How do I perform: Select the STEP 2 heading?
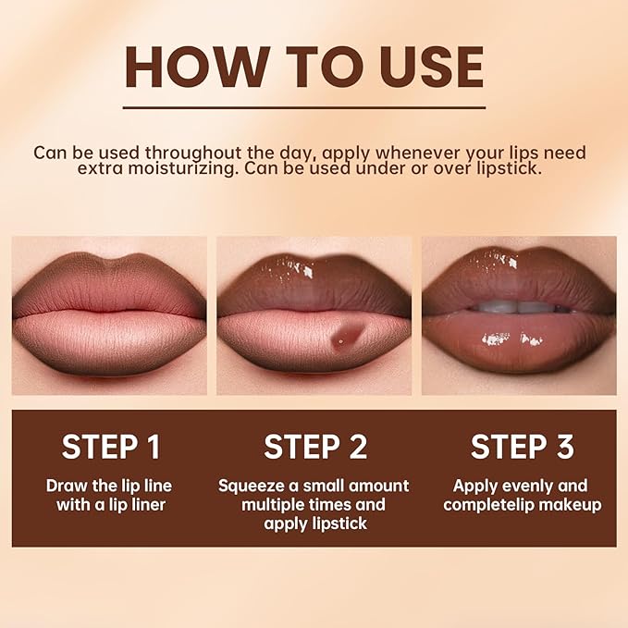[x=314, y=447]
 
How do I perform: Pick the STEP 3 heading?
[x=521, y=447]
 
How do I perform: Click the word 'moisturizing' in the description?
[x=204, y=169]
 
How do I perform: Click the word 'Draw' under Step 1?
[x=66, y=486]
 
